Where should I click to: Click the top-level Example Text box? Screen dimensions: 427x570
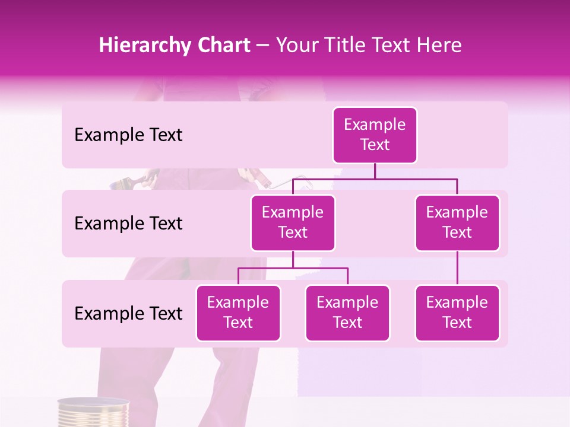[375, 135]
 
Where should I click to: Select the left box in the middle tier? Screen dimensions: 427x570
[293, 222]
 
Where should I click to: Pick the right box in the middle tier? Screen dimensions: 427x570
[457, 222]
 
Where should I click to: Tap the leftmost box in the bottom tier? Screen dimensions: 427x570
[238, 313]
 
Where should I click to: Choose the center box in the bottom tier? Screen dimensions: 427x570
[347, 313]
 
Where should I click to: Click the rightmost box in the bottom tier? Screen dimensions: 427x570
[457, 313]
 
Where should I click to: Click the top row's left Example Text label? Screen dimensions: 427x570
[128, 135]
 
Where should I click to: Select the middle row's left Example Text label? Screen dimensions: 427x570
[128, 224]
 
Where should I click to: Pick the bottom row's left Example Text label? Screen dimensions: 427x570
[128, 313]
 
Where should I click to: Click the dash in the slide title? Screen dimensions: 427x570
[263, 46]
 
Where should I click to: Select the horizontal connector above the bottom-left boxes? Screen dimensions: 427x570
[293, 268]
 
